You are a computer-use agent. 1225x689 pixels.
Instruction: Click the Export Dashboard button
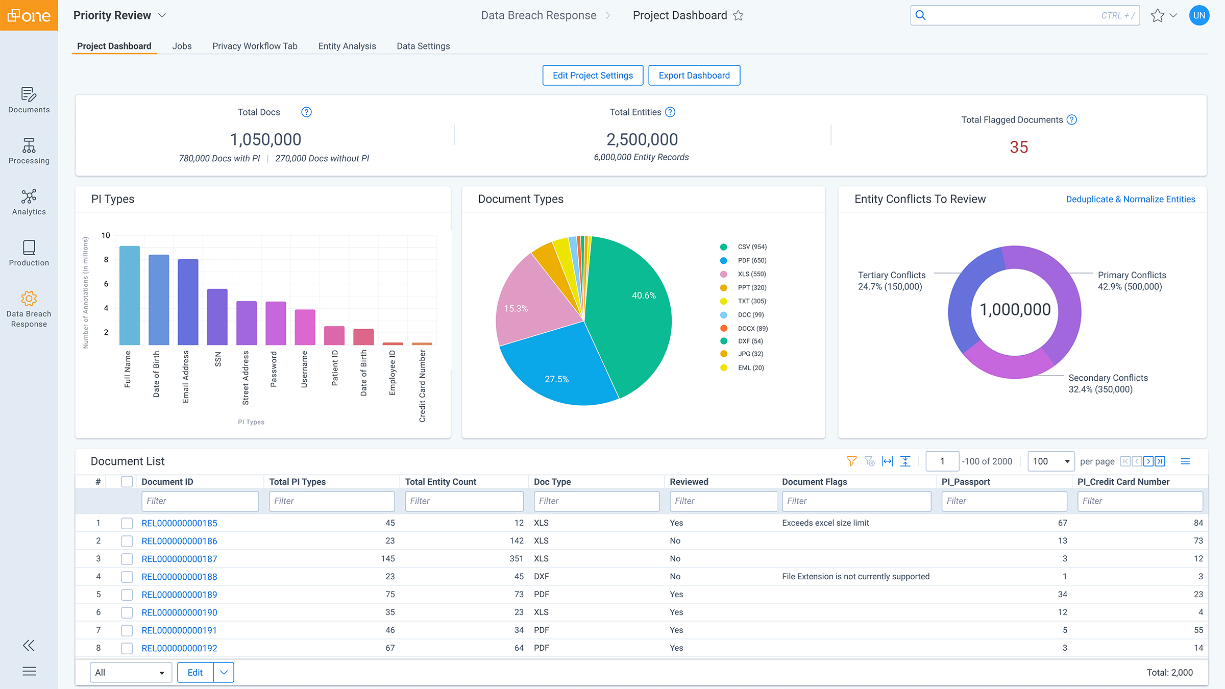click(x=694, y=76)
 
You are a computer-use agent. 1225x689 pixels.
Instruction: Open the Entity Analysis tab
click(x=347, y=46)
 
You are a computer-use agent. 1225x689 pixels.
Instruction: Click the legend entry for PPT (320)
click(x=752, y=288)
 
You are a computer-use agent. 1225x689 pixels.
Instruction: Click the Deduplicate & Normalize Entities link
click(x=1130, y=199)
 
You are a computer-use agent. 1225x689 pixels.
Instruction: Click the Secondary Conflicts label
click(x=1108, y=378)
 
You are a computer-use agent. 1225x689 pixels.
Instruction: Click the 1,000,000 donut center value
click(x=1015, y=310)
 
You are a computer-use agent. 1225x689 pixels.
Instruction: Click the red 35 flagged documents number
click(x=1018, y=147)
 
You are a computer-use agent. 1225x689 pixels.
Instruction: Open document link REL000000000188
click(x=179, y=577)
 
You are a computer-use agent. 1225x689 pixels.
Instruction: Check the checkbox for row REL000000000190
click(x=127, y=612)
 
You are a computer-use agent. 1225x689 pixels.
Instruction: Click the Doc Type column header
click(x=552, y=482)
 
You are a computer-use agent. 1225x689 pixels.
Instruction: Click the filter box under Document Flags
click(x=856, y=501)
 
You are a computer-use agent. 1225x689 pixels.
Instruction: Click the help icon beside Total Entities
click(x=670, y=112)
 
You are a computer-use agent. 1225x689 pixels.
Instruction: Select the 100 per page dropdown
click(x=1050, y=461)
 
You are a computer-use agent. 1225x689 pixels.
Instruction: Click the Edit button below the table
click(x=195, y=673)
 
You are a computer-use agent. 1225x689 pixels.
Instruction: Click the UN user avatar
click(x=1199, y=15)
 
